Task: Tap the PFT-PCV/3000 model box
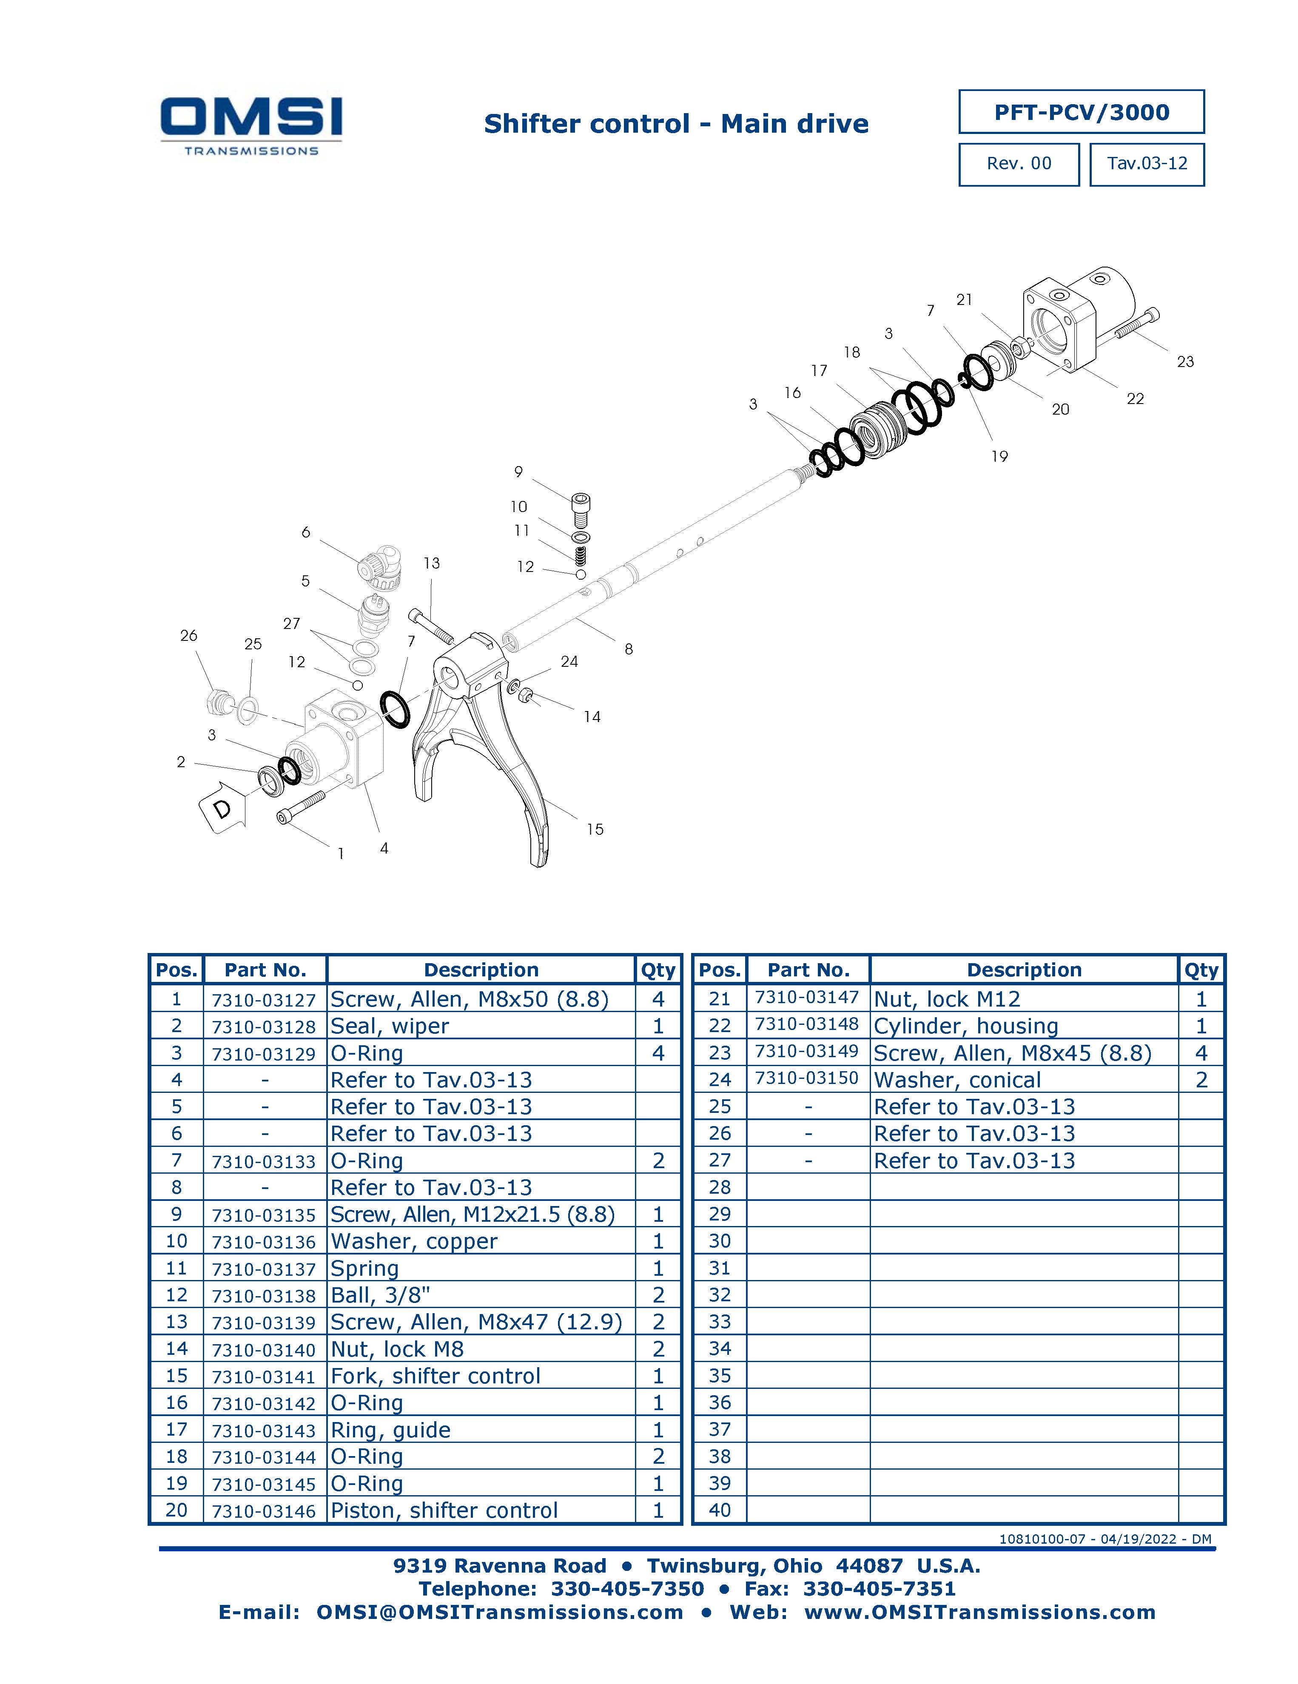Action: click(x=1081, y=112)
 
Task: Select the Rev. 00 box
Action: click(x=1019, y=163)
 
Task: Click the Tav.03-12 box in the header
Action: click(x=1147, y=163)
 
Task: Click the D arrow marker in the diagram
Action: click(x=224, y=807)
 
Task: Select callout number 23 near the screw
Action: click(x=1184, y=361)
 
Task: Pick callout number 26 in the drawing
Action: click(x=189, y=635)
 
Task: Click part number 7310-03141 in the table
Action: click(x=264, y=1377)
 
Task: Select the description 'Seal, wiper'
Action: click(x=390, y=1026)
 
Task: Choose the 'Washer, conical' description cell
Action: click(x=957, y=1080)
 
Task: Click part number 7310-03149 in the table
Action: click(x=807, y=1052)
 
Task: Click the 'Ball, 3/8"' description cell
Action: click(x=380, y=1295)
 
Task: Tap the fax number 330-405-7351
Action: click(x=879, y=1589)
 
